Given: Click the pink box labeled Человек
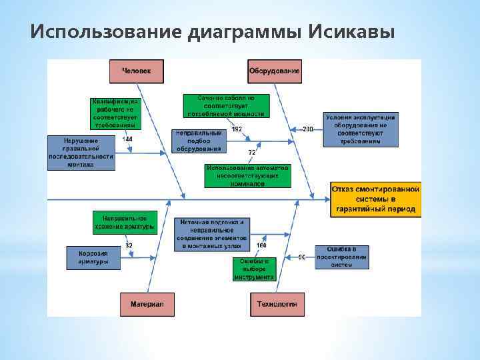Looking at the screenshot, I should [137, 71].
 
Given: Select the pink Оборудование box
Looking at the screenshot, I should [274, 71].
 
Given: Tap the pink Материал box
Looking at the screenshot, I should [147, 304].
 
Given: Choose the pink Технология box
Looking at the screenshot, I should [277, 304].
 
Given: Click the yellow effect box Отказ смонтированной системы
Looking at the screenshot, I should [376, 199].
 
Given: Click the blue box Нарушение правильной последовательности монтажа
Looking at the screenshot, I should [81, 153].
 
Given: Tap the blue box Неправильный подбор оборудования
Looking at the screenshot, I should [199, 141].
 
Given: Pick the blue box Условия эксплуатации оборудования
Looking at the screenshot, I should [360, 129].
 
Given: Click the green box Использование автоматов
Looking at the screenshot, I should [247, 175].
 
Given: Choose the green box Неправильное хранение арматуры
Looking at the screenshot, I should [125, 222].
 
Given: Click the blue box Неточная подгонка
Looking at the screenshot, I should [212, 234].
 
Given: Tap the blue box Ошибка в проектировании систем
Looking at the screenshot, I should [341, 257].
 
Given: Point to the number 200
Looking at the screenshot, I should [307, 129].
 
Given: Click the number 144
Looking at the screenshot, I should [127, 139].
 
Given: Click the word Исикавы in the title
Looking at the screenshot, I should [353, 32].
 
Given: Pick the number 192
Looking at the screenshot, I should [237, 129].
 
